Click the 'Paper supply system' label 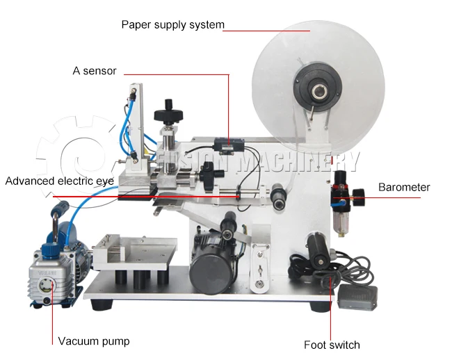[x=172, y=25]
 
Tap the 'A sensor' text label [x=95, y=71]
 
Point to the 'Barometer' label [x=404, y=187]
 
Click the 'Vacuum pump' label [x=93, y=341]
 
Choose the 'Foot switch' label [x=332, y=345]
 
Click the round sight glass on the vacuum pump [x=50, y=284]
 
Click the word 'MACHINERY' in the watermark [x=299, y=161]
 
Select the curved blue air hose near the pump [x=90, y=202]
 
